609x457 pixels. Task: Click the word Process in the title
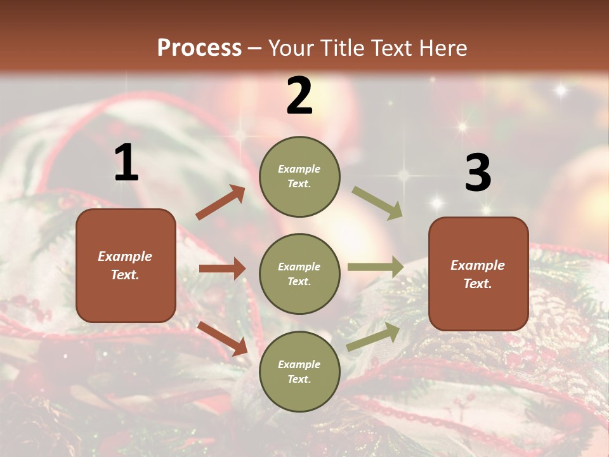[199, 48]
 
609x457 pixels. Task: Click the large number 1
[126, 163]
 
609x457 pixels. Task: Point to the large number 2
[299, 96]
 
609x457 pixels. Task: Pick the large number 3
[478, 173]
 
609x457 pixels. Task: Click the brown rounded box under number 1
[126, 265]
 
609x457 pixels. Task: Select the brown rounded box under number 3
[478, 274]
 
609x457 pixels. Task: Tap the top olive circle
[299, 176]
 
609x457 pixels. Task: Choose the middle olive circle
[299, 274]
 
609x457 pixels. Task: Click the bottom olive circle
[299, 371]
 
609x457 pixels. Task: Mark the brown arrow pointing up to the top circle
[220, 202]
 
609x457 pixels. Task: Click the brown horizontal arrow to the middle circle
[222, 268]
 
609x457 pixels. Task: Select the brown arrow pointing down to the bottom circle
[222, 338]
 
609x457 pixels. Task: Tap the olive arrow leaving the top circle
[377, 202]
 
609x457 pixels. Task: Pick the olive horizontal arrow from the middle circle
[376, 267]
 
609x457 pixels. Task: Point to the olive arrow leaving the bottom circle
[373, 336]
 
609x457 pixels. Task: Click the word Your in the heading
[289, 48]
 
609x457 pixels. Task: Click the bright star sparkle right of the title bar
[560, 91]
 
